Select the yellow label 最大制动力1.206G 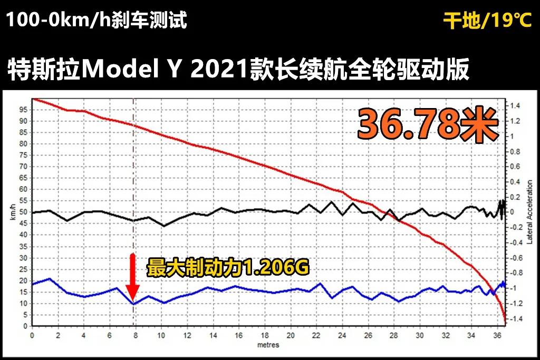pyautogui.click(x=227, y=267)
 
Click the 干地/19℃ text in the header pyautogui.click(x=488, y=21)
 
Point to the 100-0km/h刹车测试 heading pyautogui.click(x=97, y=21)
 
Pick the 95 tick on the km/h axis pyautogui.click(x=23, y=110)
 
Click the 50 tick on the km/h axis pyautogui.click(x=23, y=212)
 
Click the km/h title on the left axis pyautogui.click(x=12, y=213)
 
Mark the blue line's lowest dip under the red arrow pyautogui.click(x=133, y=304)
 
